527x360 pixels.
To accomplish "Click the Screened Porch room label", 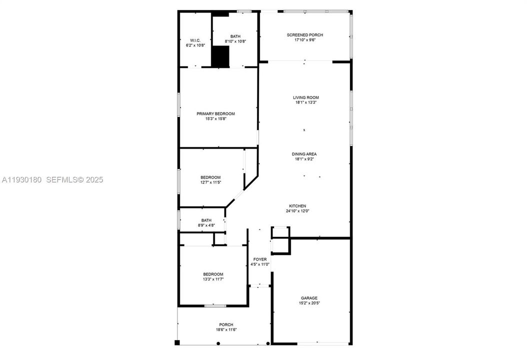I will tap(304, 35).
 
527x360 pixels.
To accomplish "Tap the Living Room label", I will tap(305, 97).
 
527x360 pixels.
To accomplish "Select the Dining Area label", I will tap(304, 154).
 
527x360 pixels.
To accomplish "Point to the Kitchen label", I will tap(297, 206).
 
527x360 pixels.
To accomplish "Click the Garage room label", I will tap(309, 298).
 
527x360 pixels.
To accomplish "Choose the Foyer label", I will tap(260, 259).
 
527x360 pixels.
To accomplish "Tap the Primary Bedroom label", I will tap(215, 113).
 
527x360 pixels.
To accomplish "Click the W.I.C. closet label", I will tap(195, 40).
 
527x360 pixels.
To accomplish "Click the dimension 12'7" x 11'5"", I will tap(210, 182).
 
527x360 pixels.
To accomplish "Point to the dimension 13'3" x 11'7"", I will tap(213, 279).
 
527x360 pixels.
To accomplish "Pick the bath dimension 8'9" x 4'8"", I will tap(206, 225).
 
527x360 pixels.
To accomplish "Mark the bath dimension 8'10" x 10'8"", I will tap(235, 41).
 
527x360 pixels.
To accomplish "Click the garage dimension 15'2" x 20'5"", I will tap(309, 303).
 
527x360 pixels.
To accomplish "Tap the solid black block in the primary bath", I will tap(220, 56).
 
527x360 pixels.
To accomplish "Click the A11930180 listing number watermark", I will tap(22, 179).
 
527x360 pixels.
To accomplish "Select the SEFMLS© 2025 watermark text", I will tap(74, 179).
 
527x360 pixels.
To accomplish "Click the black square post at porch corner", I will tap(177, 342).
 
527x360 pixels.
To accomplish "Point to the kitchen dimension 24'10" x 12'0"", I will tap(297, 211).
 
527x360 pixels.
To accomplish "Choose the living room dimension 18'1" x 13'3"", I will tap(305, 102).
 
